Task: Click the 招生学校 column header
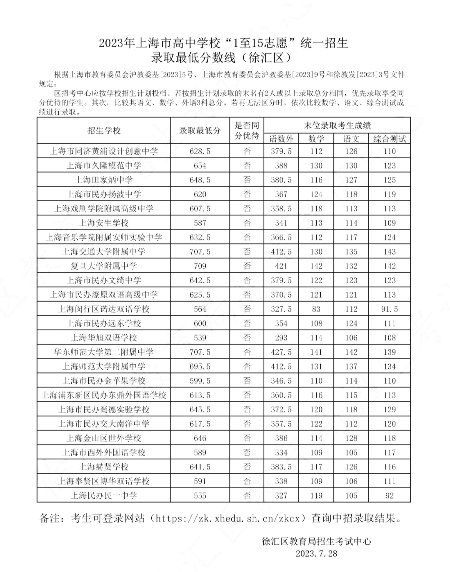point(104,130)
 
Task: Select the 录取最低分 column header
point(200,130)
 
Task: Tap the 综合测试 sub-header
point(389,139)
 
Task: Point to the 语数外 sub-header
point(281,139)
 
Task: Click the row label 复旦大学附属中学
point(104,266)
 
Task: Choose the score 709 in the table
point(200,266)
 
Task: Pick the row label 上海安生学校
point(104,223)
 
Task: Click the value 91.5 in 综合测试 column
point(389,309)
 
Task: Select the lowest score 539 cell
point(200,338)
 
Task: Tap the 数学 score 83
point(316,309)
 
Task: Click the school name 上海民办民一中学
point(104,495)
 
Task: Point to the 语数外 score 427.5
point(281,352)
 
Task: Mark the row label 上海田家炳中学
point(104,180)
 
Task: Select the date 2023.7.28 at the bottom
point(316,554)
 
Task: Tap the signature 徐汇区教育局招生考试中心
point(316,541)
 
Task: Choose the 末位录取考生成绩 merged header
point(337,125)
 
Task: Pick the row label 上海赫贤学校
point(104,467)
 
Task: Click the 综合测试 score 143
point(389,252)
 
